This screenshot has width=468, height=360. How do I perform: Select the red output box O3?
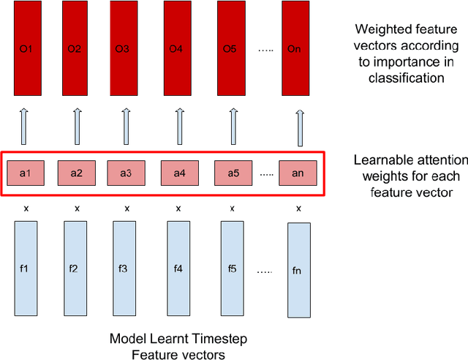122,50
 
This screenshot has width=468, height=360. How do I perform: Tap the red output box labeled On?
293,50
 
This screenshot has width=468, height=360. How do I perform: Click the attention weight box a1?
25,173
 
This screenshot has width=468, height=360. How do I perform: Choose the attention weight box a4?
179,173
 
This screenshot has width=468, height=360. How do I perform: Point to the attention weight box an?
298,173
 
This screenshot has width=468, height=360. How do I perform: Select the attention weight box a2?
76,173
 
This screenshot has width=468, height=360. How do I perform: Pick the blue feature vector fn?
296,270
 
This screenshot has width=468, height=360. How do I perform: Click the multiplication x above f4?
177,209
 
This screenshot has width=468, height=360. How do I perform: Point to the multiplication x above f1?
26,209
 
